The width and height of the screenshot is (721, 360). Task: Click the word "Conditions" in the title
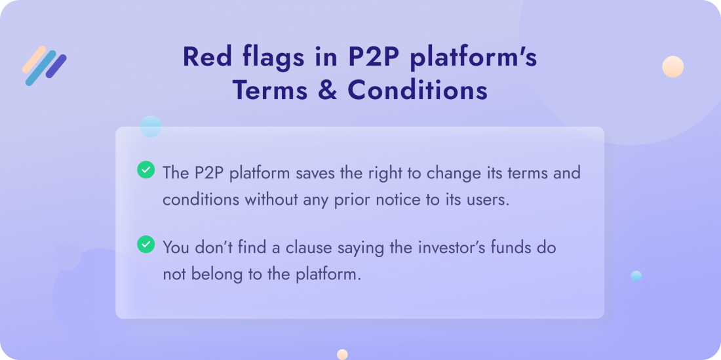[x=418, y=90]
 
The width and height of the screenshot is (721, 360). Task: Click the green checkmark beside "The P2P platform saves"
[x=146, y=170]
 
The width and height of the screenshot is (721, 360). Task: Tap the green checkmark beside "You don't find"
[x=146, y=244]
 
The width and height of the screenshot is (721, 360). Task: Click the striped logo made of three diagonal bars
[x=44, y=66]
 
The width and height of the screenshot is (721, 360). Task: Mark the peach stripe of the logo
[x=34, y=59]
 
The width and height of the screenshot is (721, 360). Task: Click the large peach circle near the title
[x=672, y=67]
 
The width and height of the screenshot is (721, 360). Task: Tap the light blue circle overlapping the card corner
[x=151, y=127]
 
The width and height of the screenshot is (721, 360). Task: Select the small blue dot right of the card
[x=636, y=276]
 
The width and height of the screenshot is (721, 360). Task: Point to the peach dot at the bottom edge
[x=342, y=355]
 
